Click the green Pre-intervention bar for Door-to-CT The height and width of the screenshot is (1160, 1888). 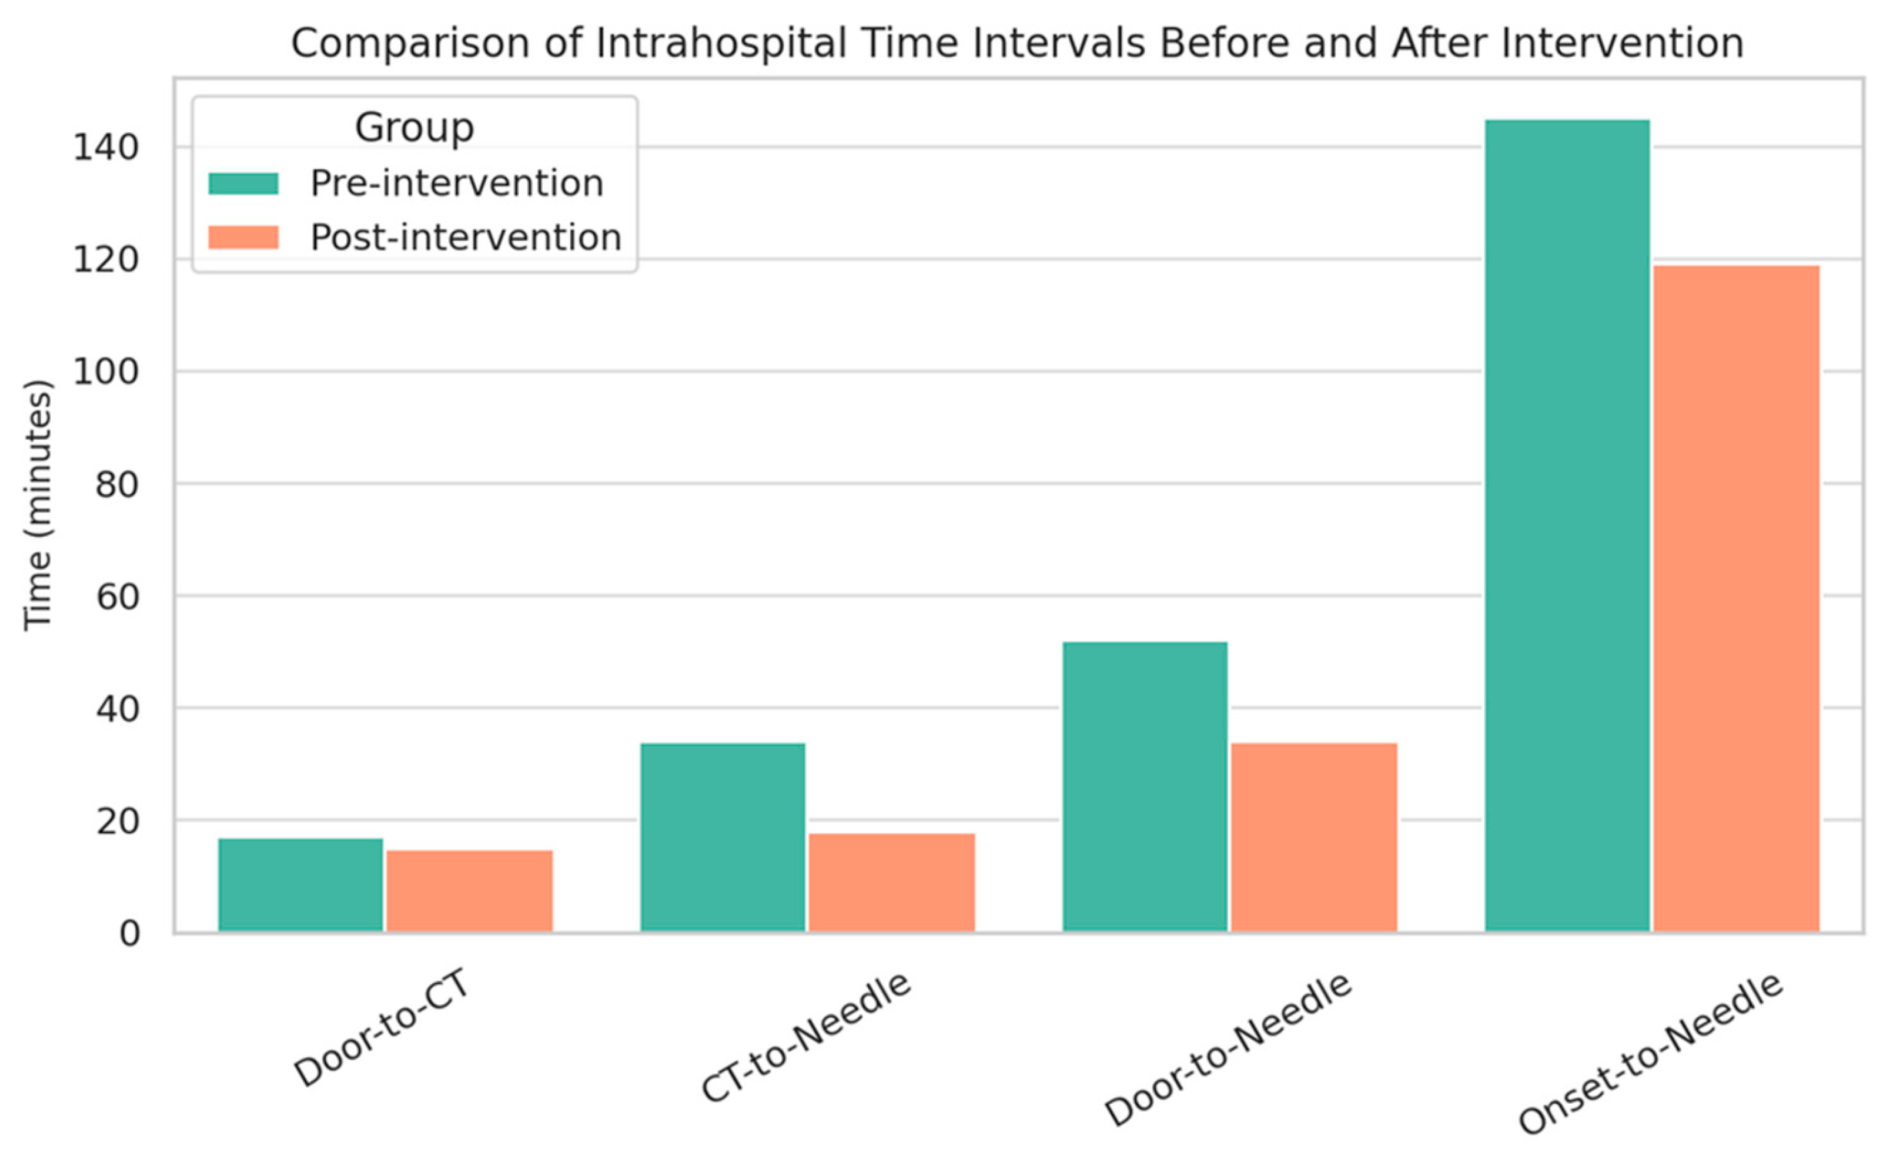pos(301,885)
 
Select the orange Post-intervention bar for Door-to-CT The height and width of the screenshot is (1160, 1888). pos(469,891)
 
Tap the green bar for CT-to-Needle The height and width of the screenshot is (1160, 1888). pos(723,838)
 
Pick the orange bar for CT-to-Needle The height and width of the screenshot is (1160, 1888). pos(892,883)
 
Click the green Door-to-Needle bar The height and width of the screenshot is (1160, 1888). pos(1145,787)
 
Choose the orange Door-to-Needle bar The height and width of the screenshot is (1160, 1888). pos(1314,838)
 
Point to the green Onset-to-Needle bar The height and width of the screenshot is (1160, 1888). pos(1567,526)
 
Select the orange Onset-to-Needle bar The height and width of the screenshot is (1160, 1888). pos(1736,599)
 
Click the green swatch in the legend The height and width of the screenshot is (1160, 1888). pos(243,183)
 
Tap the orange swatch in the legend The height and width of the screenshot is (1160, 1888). pos(243,237)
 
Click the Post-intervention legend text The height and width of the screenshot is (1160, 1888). pos(465,237)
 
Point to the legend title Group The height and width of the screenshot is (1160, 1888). pos(414,127)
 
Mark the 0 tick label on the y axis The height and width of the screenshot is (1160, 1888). pos(130,933)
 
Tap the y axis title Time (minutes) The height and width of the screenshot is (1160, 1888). pos(37,505)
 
